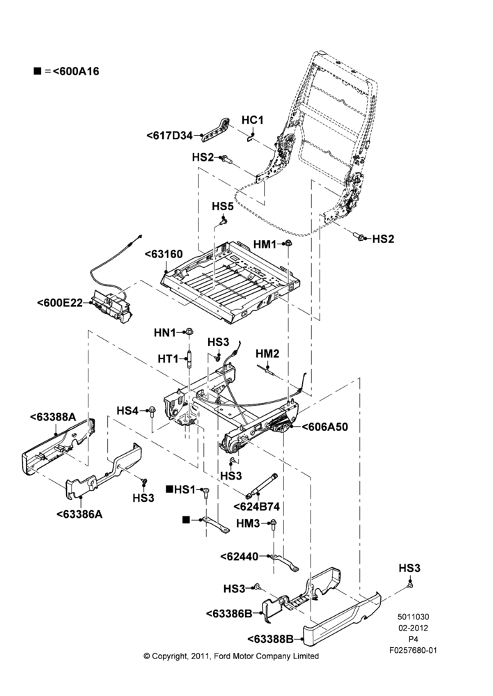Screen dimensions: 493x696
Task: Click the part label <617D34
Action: click(x=169, y=136)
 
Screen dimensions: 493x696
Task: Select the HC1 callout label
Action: click(x=252, y=120)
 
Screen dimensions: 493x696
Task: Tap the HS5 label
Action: click(x=223, y=207)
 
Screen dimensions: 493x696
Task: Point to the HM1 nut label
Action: click(x=265, y=244)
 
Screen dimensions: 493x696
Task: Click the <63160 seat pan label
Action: click(x=164, y=254)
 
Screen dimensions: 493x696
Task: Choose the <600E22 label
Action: click(x=60, y=303)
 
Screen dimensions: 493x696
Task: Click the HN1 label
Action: click(x=165, y=333)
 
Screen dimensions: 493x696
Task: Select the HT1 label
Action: click(x=168, y=358)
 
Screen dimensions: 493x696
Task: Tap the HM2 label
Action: click(x=267, y=354)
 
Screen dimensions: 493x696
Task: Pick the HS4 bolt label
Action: click(x=127, y=411)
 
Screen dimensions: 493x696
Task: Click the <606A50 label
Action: click(x=324, y=427)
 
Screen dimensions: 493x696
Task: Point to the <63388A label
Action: click(x=53, y=417)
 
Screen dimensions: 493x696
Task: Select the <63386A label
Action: click(x=79, y=514)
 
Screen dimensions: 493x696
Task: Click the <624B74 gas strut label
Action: click(x=257, y=507)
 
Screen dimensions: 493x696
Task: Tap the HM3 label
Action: click(x=248, y=524)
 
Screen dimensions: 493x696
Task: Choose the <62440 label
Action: click(x=240, y=556)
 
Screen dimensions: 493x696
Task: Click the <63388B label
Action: click(x=270, y=639)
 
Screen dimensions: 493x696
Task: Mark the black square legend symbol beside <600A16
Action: click(x=38, y=71)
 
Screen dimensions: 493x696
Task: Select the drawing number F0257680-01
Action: click(x=413, y=650)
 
